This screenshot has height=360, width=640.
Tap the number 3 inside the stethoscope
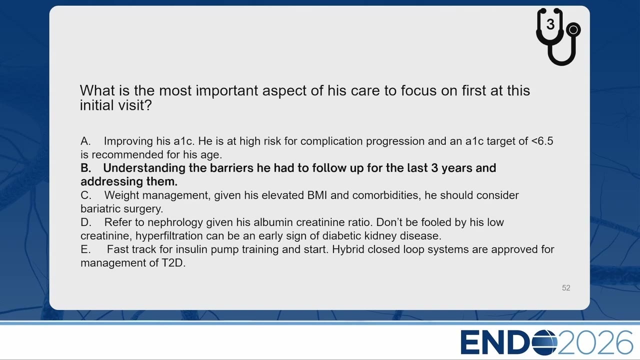(550, 24)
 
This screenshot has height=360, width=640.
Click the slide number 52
(566, 287)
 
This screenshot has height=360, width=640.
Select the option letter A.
(85, 141)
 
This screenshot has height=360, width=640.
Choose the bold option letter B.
(85, 168)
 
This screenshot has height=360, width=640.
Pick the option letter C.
(85, 195)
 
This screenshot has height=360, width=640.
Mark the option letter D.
(85, 222)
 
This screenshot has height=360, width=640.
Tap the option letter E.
(85, 249)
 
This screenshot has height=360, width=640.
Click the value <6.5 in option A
(542, 141)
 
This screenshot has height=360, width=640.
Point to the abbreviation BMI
(317, 195)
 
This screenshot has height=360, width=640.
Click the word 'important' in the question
(227, 90)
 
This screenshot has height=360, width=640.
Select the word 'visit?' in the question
(135, 105)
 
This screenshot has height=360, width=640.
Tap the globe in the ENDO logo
(544, 342)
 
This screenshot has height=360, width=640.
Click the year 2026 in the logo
(595, 342)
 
